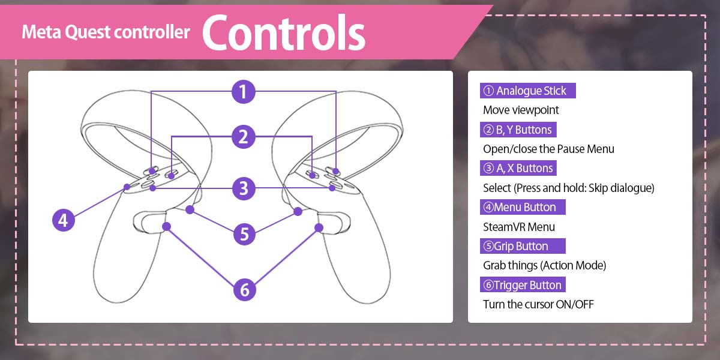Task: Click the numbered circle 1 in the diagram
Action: (x=244, y=92)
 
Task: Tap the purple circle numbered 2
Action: (x=244, y=137)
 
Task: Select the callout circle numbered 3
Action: (x=244, y=188)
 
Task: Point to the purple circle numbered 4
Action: (x=64, y=220)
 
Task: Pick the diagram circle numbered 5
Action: (x=244, y=234)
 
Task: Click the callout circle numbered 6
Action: (x=244, y=290)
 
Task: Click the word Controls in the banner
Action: (x=283, y=32)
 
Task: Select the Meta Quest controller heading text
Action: (x=106, y=32)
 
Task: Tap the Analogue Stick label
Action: (x=527, y=91)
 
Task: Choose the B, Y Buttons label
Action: (x=518, y=130)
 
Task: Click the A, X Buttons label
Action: (x=518, y=168)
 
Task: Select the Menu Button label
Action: (x=523, y=207)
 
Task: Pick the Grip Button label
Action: (x=523, y=246)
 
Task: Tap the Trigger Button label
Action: (x=523, y=285)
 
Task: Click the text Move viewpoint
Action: (x=521, y=110)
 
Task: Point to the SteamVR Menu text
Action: (x=519, y=227)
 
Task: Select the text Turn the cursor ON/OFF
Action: (x=538, y=304)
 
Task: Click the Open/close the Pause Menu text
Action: (x=548, y=149)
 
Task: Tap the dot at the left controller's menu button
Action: (x=127, y=187)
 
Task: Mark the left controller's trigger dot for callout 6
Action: (x=166, y=227)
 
